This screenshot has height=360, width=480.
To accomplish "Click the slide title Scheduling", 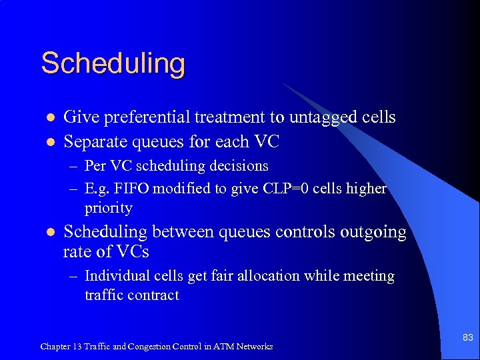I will coord(113,64).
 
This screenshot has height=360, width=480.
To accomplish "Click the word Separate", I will coord(93,141).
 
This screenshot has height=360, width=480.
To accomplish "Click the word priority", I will coord(109,208).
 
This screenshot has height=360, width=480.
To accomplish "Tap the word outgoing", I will coord(373,232).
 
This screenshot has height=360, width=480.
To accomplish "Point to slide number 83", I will coord(467,338).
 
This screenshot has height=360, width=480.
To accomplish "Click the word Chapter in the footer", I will coord(56,347).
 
